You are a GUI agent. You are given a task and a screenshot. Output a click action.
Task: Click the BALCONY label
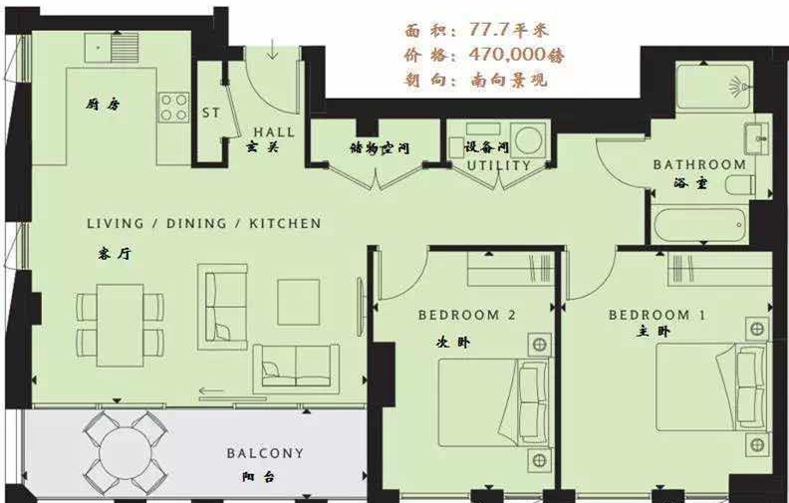pyautogui.click(x=265, y=453)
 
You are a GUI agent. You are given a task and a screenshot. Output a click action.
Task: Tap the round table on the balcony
pyautogui.click(x=126, y=452)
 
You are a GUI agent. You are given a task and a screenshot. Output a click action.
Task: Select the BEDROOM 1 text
pyautogui.click(x=657, y=316)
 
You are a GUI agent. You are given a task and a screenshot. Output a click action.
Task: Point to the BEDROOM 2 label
pyautogui.click(x=467, y=316)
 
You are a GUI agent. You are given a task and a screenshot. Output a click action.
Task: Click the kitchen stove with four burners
pyautogui.click(x=174, y=108)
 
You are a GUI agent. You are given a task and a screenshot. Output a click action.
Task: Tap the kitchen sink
pyautogui.click(x=112, y=48)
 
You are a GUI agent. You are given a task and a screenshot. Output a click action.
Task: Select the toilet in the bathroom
pyautogui.click(x=740, y=184)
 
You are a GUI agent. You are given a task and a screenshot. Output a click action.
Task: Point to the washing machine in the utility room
pyautogui.click(x=528, y=138)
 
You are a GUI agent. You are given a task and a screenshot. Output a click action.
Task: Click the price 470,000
pyautogui.click(x=507, y=55)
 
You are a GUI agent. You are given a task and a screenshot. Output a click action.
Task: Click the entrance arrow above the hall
pyautogui.click(x=272, y=50)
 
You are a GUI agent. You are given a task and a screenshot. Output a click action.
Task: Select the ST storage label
pyautogui.click(x=211, y=113)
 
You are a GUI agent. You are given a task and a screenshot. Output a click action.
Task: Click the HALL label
pyautogui.click(x=274, y=132)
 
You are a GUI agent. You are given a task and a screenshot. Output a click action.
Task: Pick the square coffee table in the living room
pyautogui.click(x=299, y=303)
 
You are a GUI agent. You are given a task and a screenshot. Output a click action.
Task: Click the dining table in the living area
pyautogui.click(x=121, y=325)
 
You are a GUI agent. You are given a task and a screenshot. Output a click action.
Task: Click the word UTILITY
pyautogui.click(x=499, y=165)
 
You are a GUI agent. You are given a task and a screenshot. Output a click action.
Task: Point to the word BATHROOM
pyautogui.click(x=699, y=164)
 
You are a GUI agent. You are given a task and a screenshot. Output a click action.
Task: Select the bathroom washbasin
pyautogui.click(x=758, y=138)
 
